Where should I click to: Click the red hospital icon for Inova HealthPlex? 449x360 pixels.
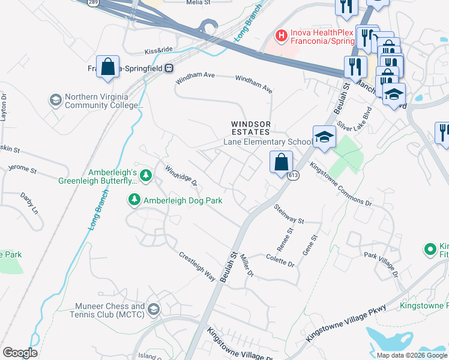280,36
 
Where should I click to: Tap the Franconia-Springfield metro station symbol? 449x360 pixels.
170,68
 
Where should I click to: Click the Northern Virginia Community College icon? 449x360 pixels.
56,100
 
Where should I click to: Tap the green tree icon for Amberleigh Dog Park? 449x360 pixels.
135,199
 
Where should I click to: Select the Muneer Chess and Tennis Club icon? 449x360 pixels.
153,310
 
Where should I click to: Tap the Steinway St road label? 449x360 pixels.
289,214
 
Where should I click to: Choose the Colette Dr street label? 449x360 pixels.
280,260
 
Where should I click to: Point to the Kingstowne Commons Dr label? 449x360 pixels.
340,184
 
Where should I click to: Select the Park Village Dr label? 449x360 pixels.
382,264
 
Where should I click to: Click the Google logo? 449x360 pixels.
20,352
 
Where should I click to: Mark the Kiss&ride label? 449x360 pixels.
158,52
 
